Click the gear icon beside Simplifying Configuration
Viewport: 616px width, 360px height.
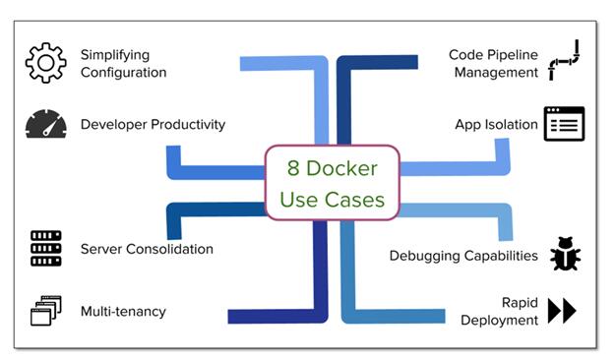coord(45,63)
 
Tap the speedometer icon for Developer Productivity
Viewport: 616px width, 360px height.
coord(45,125)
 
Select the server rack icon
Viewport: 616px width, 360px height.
coord(45,249)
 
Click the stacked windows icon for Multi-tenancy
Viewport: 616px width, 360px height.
coord(45,311)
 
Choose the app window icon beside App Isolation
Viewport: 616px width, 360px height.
coord(564,125)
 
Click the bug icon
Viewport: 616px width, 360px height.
coord(565,254)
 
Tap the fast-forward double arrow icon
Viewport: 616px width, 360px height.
coord(562,311)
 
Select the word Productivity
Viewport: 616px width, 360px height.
coord(186,125)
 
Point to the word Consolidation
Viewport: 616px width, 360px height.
coord(171,249)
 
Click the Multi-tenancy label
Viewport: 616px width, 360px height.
coord(123,312)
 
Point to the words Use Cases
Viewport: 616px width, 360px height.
coord(332,200)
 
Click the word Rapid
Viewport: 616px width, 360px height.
coord(520,302)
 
